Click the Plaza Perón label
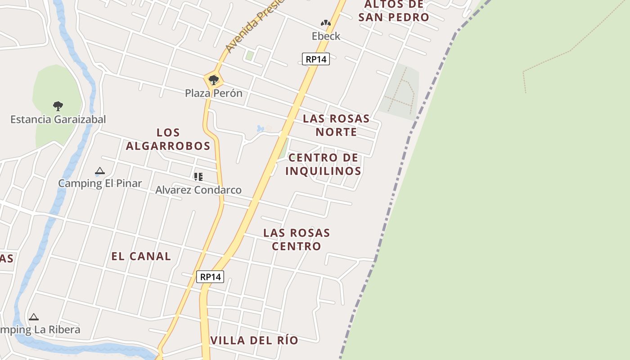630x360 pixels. (214, 93)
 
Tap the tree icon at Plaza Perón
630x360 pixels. (214, 81)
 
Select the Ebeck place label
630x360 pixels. (326, 36)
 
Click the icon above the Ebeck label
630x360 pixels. (326, 23)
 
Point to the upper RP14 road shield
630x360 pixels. (316, 59)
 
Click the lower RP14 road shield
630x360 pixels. (210, 277)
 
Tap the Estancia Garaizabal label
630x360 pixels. (58, 119)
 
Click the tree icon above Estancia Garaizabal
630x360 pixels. (58, 106)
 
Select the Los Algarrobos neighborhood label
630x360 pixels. (168, 139)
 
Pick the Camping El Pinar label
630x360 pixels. (100, 183)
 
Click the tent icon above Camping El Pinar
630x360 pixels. (99, 171)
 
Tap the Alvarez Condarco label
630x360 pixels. (198, 190)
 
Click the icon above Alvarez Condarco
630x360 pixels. (198, 177)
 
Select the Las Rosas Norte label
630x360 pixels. (336, 125)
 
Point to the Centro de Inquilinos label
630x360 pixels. (323, 164)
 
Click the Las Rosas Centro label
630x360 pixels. (297, 239)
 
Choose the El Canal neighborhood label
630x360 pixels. (141, 256)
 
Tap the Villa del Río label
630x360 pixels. (254, 340)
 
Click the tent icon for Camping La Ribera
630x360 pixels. (34, 317)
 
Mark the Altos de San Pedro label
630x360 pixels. (394, 11)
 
